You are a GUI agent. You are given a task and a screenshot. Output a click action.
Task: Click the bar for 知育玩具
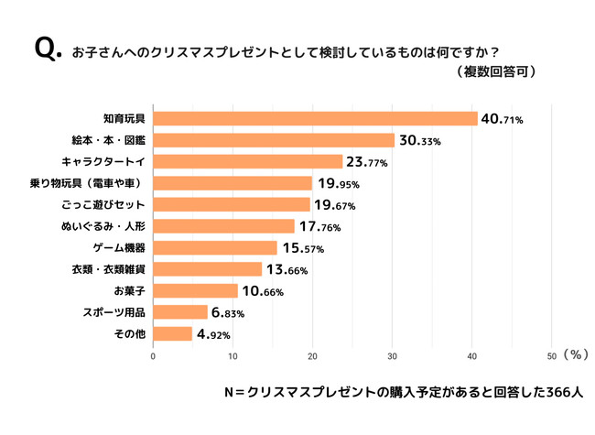(x=315, y=119)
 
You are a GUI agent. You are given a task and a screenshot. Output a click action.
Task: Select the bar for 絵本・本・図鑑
(x=274, y=140)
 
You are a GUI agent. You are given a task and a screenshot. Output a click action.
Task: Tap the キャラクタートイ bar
(x=247, y=162)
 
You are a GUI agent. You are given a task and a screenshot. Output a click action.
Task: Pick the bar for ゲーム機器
(x=214, y=247)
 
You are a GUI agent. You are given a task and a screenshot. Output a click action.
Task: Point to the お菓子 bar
(x=195, y=290)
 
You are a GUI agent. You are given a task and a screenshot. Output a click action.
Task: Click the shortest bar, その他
(x=172, y=333)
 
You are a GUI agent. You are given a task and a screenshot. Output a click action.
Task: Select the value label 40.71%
(x=501, y=119)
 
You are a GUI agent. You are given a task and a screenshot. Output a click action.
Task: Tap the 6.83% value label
(x=230, y=312)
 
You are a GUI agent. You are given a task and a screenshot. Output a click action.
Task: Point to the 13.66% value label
(x=286, y=269)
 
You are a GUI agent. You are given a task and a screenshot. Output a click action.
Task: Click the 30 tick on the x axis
(x=392, y=356)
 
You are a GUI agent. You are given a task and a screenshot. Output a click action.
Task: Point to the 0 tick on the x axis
(x=153, y=356)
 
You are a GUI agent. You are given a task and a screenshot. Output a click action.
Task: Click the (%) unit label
(x=577, y=353)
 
